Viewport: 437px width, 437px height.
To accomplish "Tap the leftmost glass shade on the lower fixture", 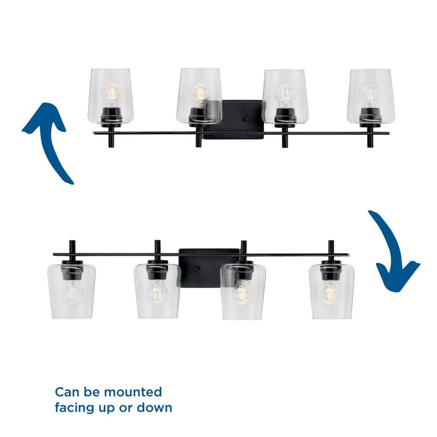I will (x=71, y=290).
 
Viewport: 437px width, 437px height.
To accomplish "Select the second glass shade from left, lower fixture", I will (x=157, y=290).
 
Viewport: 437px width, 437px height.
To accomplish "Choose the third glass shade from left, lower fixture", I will (x=243, y=290).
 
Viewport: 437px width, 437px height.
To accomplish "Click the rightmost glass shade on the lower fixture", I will (x=331, y=290).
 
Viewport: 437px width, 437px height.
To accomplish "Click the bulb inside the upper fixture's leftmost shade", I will (x=111, y=94).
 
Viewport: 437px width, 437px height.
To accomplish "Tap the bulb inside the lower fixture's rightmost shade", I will (x=331, y=292).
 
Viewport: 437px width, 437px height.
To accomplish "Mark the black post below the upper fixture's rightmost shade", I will (x=370, y=139).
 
